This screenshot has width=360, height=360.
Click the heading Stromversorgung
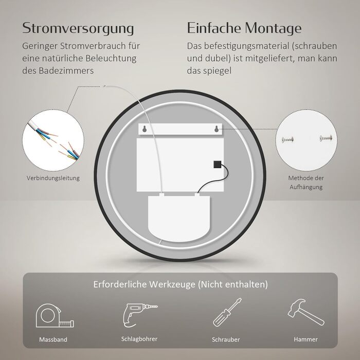pyautogui.click(x=78, y=28)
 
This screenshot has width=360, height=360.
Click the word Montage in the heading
pyautogui.click(x=273, y=28)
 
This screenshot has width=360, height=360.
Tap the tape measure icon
pyautogui.click(x=55, y=316)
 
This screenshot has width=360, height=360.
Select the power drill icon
pyautogui.click(x=139, y=315)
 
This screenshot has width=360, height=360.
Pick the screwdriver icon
pyautogui.click(x=227, y=312)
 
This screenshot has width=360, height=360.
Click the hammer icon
pyautogui.click(x=306, y=312)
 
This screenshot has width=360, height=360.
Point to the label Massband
pyautogui.click(x=53, y=339)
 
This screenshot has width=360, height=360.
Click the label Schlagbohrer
pyautogui.click(x=139, y=339)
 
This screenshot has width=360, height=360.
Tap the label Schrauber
pyautogui.click(x=226, y=339)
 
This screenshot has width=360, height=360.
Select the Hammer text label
pyautogui.click(x=306, y=339)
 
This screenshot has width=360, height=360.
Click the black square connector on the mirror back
pyautogui.click(x=217, y=165)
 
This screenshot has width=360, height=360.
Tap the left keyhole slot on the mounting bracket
pyautogui.click(x=145, y=129)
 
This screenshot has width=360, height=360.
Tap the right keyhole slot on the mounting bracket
pyautogui.click(x=217, y=129)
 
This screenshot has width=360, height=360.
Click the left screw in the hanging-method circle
pyautogui.click(x=287, y=139)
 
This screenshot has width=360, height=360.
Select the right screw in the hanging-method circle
pyautogui.click(x=326, y=138)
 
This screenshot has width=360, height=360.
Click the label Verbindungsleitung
pyautogui.click(x=53, y=178)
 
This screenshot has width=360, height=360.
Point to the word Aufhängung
pyautogui.click(x=306, y=187)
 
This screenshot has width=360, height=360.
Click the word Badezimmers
pyautogui.click(x=66, y=70)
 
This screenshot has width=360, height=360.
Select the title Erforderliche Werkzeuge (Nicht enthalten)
pyautogui.click(x=181, y=284)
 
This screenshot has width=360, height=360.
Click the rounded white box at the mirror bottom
pyautogui.click(x=179, y=218)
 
